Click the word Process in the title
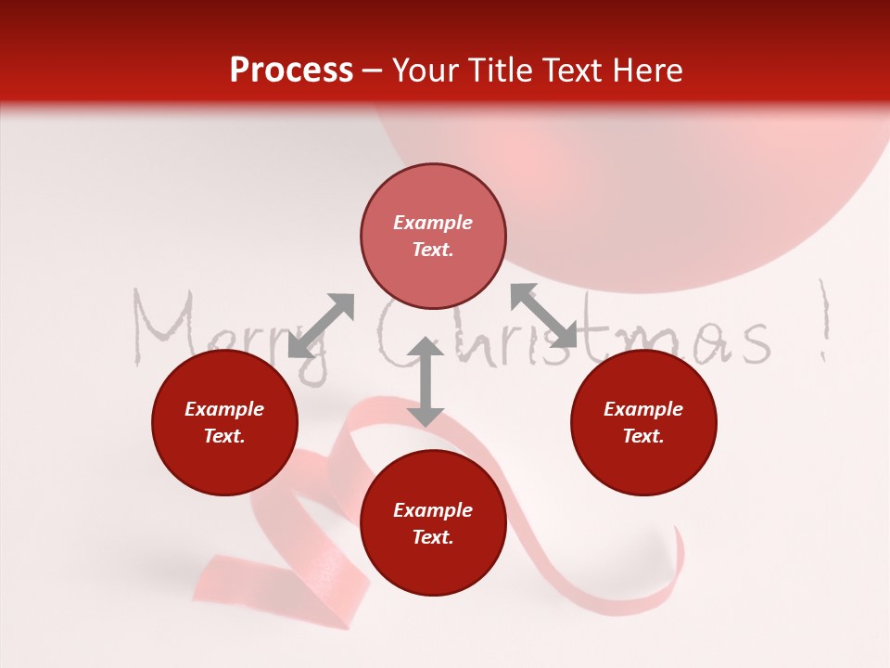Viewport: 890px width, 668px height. click(291, 71)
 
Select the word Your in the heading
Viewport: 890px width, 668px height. click(427, 71)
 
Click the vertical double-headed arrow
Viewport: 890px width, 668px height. click(426, 381)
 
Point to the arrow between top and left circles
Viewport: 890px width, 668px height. click(322, 326)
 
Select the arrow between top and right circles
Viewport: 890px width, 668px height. click(543, 315)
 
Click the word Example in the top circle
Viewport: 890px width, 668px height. click(433, 223)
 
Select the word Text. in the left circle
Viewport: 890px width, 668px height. click(224, 436)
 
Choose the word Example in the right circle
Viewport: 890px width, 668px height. click(643, 409)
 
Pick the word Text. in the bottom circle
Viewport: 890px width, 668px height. click(433, 537)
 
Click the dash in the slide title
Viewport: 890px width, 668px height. click(373, 71)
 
